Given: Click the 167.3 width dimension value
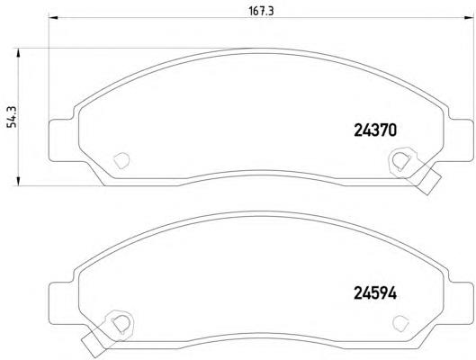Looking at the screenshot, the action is pyautogui.click(x=261, y=11).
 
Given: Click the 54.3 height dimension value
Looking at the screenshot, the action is pyautogui.click(x=13, y=117).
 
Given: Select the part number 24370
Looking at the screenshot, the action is pyautogui.click(x=375, y=130).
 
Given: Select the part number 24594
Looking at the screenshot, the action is pyautogui.click(x=375, y=293).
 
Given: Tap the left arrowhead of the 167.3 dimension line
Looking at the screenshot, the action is pyautogui.click(x=53, y=18).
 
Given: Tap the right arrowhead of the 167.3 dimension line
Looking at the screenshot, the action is pyautogui.click(x=469, y=18).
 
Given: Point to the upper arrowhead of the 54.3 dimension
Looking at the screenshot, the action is pyautogui.click(x=18, y=52).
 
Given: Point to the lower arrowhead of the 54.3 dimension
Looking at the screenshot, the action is pyautogui.click(x=18, y=181).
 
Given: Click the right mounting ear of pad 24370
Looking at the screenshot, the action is pyautogui.click(x=460, y=139).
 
